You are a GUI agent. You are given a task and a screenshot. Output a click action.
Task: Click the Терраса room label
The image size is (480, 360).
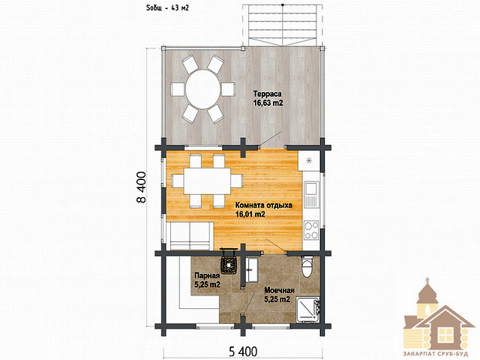pos(267,94)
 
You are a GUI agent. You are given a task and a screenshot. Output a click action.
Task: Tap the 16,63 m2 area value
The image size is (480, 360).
pos(268,103)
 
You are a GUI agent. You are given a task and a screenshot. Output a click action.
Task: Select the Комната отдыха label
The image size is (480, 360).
pos(263,205)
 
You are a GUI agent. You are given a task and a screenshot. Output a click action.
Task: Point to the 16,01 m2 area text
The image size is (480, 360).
pos(250,214)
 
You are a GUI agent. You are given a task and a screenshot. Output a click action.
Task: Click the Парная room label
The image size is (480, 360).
pos(207,275)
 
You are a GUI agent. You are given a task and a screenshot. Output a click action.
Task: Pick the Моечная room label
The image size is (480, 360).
pos(280,290)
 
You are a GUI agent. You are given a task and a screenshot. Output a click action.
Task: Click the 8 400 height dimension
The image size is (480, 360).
pos(141,187)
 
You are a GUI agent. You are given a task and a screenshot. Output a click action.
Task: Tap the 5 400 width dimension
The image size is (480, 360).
pos(243,352)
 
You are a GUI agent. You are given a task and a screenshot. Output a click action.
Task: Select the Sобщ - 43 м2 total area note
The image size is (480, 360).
pos(167,8)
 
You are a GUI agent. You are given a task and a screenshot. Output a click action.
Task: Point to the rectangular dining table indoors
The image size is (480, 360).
pos(207,181)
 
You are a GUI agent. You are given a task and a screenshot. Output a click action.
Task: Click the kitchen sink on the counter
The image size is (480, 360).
pos(311,194)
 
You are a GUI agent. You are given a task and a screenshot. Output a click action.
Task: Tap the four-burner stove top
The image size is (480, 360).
pos(311,230)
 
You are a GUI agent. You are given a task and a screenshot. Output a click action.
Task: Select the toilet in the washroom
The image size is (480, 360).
pos(307,267)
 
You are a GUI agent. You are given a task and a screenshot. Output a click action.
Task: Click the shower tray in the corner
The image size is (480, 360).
pos(308,310)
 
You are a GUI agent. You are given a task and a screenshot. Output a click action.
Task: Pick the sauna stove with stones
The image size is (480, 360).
pos(229,262)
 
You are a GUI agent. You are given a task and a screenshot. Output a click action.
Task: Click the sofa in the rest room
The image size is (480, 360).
pos(190,236)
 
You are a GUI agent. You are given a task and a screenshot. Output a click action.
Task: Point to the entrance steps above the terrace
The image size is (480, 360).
pos(283,25)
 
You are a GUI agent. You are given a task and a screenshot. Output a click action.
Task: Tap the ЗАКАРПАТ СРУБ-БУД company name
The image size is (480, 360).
pos(436,354)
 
